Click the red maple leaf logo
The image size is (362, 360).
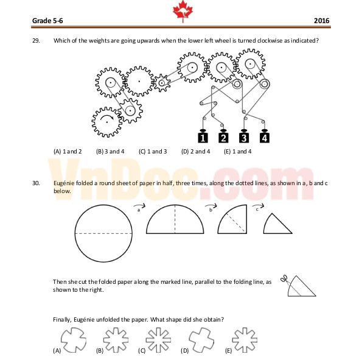(183, 11)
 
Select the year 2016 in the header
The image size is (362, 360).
(321, 21)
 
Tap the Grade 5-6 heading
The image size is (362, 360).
(47, 21)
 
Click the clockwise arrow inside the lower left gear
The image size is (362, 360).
(106, 116)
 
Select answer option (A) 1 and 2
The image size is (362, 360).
(68, 152)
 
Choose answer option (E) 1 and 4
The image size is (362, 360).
(237, 152)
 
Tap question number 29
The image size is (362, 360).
(36, 41)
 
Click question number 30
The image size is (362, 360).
(36, 183)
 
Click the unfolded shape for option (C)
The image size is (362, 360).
(158, 340)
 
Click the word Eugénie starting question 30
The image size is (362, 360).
(64, 183)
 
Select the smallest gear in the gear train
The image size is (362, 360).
(162, 83)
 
